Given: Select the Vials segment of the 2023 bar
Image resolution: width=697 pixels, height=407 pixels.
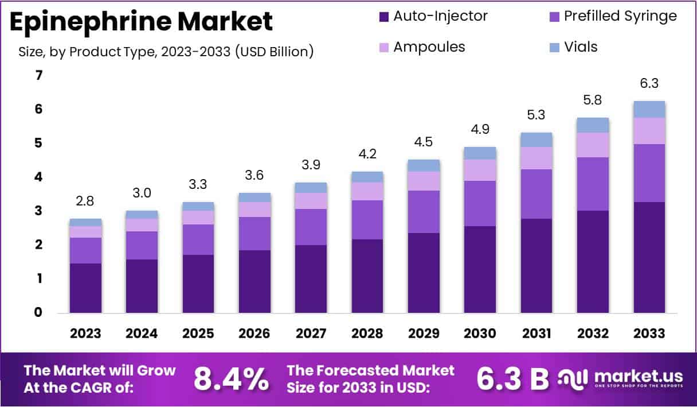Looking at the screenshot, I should click(x=85, y=222).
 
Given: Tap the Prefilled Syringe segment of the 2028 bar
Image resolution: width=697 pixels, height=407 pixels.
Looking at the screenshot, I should click(x=367, y=219).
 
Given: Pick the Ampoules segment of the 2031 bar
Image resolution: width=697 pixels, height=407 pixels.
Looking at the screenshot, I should click(x=536, y=158).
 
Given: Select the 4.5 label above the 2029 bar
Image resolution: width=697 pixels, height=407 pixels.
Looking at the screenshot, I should click(x=424, y=142).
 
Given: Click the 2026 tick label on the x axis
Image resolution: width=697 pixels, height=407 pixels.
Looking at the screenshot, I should click(x=255, y=334).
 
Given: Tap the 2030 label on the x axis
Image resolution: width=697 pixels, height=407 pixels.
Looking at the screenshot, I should click(x=480, y=334).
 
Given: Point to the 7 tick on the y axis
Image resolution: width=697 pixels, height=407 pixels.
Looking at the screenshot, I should click(x=39, y=75).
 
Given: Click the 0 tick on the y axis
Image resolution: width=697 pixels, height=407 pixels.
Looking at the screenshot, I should click(x=39, y=313).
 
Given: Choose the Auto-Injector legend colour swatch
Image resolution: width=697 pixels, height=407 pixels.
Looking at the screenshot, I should click(x=383, y=17).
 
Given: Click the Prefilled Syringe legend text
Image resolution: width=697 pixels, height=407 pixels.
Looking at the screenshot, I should click(x=620, y=16).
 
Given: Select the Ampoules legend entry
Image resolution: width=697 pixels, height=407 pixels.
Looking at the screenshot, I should click(x=429, y=46).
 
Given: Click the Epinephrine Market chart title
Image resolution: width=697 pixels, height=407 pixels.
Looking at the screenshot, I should click(x=142, y=21).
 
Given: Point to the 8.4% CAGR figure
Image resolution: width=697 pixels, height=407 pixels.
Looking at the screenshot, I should click(x=231, y=378).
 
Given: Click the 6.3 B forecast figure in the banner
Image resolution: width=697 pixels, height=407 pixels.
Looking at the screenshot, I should click(x=512, y=378).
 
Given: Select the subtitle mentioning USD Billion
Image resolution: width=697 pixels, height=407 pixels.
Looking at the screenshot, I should click(x=166, y=52).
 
